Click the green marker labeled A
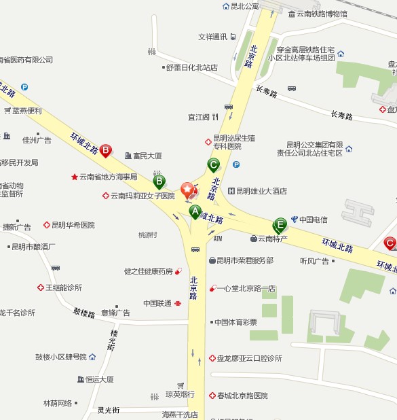point(195,212)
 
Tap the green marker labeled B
point(159,181)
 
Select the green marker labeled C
point(213,164)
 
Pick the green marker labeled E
point(280,224)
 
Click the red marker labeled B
point(105,150)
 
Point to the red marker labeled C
point(390,243)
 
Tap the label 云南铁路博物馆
point(322,14)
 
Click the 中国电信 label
point(314,219)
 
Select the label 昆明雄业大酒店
point(261,192)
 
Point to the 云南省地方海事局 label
point(108,177)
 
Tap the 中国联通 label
point(157,303)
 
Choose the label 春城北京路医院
point(242,396)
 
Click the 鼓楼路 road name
point(85,313)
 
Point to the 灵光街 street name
point(108,410)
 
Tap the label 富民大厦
point(147,156)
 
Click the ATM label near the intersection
point(217,239)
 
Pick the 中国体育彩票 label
point(235,322)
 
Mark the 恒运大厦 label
point(100,379)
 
